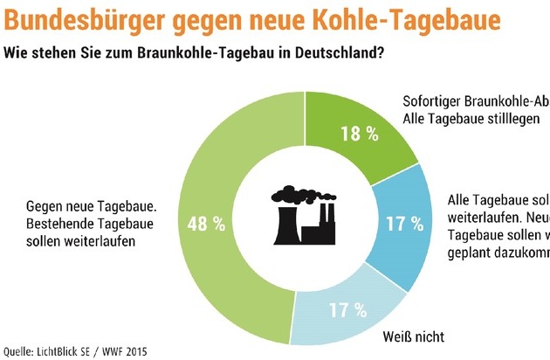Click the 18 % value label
(361, 134)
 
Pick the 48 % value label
(203, 224)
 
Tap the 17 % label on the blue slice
(404, 224)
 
